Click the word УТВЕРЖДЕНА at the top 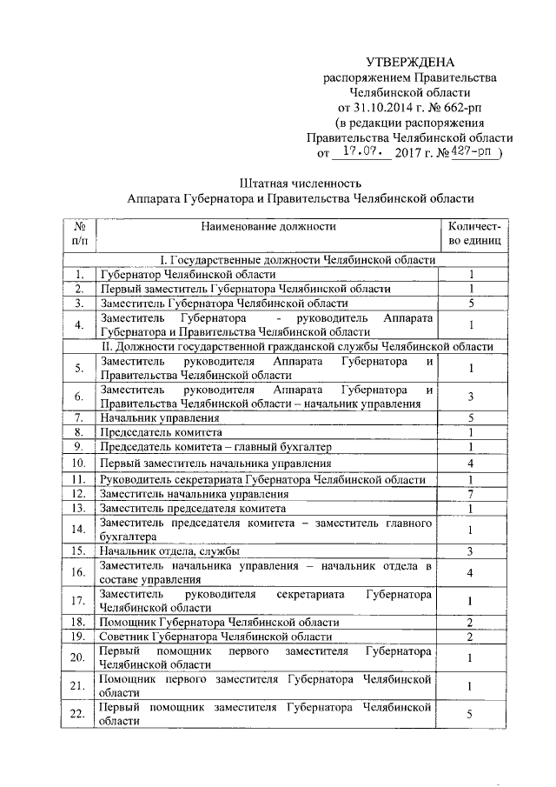(x=409, y=62)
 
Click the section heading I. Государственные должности (x=298, y=260)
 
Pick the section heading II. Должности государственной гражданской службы (x=298, y=346)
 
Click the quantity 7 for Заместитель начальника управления (x=469, y=494)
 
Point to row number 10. (x=79, y=463)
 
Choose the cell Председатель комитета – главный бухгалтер (x=215, y=447)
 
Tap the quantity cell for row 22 (x=469, y=715)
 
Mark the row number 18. (x=79, y=623)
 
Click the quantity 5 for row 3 (x=469, y=303)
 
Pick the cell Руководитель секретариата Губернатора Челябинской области (x=262, y=479)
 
